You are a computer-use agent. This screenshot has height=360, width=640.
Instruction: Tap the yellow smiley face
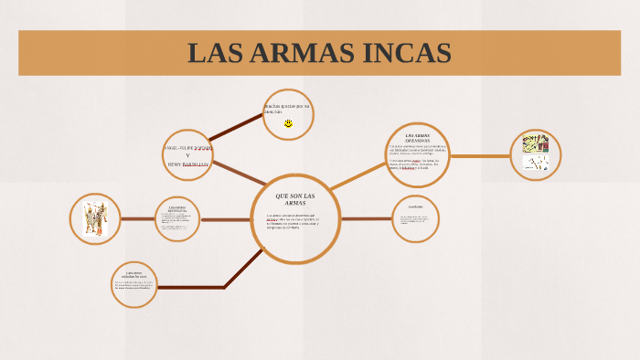[288, 122]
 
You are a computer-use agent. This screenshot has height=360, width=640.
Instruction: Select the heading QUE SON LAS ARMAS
[295, 198]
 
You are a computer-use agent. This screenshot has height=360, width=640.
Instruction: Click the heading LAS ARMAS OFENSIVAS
[417, 137]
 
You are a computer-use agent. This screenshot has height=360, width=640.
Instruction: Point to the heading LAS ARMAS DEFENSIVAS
[177, 209]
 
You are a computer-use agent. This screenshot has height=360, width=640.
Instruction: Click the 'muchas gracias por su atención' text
[287, 108]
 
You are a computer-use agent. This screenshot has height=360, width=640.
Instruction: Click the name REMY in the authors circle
[176, 164]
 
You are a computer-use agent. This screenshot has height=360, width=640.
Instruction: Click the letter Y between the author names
[187, 155]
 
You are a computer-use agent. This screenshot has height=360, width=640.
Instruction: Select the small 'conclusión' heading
[415, 206]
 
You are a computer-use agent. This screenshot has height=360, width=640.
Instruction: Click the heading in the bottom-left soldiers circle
[135, 275]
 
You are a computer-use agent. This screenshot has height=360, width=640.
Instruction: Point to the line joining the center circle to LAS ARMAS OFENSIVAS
[359, 176]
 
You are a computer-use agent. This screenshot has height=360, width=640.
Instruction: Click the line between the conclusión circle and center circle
[367, 219]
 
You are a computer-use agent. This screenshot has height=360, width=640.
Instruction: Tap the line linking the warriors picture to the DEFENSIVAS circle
[137, 219]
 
